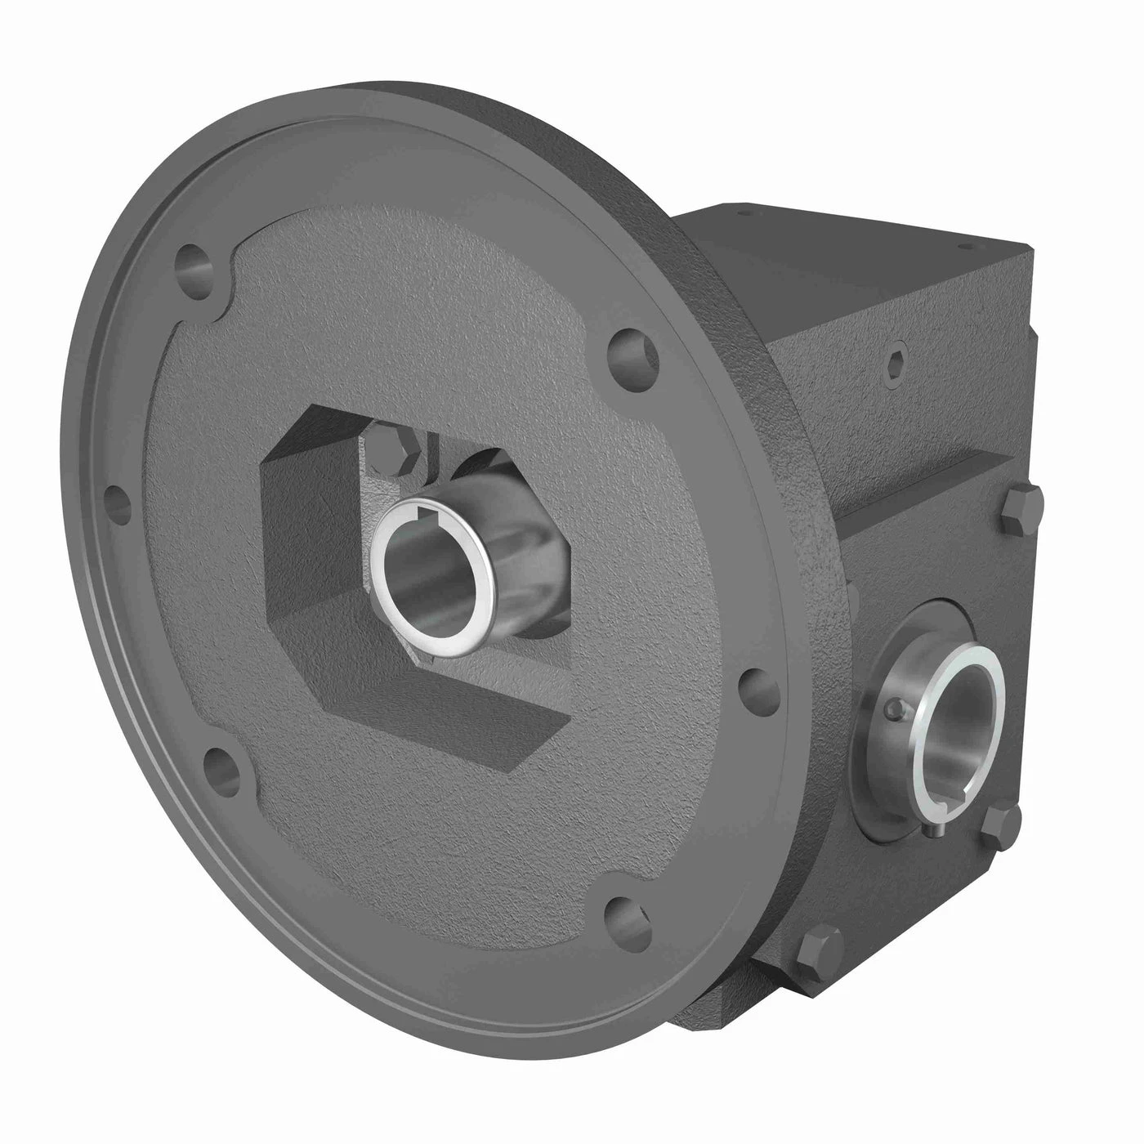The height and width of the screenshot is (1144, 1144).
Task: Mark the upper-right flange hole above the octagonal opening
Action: click(636, 350)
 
